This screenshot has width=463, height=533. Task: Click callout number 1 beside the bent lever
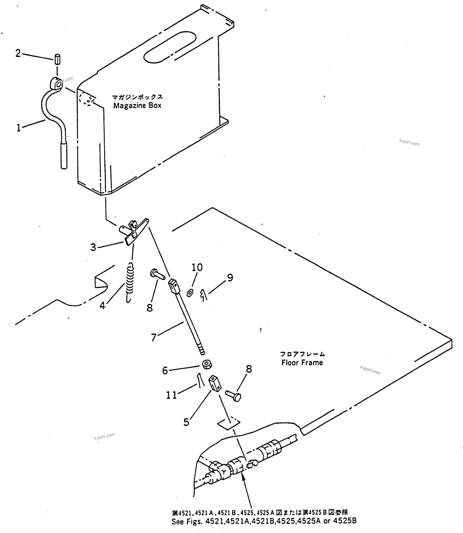coord(19,128)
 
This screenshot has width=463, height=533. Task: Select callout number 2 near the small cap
coord(18,53)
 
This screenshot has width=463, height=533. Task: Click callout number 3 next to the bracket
coord(93,247)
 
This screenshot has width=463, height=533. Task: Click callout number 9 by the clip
coord(230,278)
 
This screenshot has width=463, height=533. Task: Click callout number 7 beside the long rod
coord(154,337)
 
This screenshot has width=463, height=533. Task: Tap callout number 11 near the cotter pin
coord(172,395)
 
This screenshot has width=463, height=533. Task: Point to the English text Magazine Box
coord(137,105)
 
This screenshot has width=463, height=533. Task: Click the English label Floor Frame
coord(302,363)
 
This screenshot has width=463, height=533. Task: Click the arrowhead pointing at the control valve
coord(243,478)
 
